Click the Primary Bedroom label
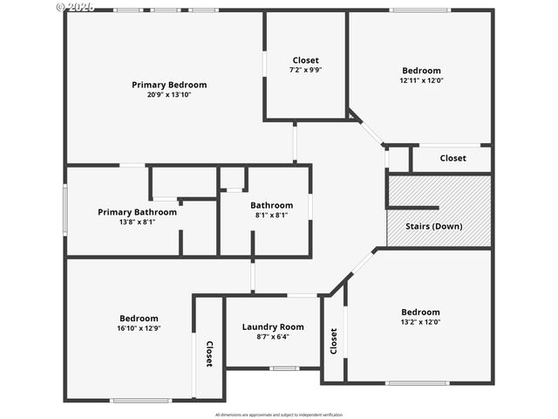169,85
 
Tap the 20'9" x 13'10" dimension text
169,95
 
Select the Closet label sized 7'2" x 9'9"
306,60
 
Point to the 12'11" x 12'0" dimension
421,80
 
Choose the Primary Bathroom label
137,212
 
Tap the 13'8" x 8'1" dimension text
137,222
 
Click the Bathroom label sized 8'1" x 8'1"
272,205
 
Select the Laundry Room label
272,326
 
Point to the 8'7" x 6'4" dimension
272,337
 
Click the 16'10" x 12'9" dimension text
139,328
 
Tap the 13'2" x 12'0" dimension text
420,322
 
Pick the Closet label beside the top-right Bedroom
453,158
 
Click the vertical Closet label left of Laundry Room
209,353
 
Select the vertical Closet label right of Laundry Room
333,340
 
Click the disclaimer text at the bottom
279,414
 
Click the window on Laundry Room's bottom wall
283,368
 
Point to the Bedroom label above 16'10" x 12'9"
139,318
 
